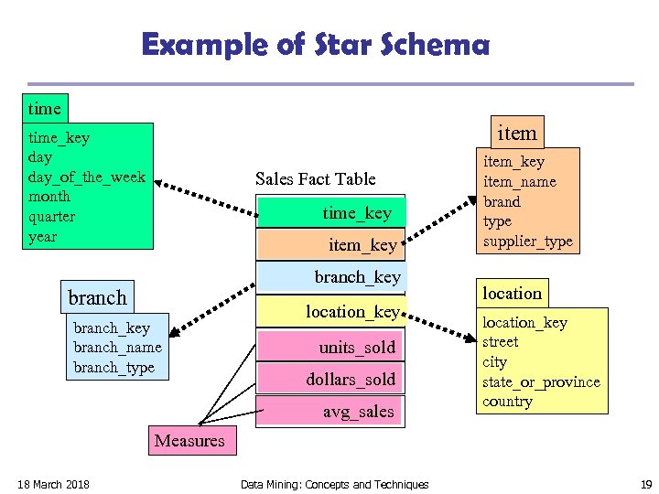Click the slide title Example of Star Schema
(x=316, y=44)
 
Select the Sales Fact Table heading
(x=315, y=178)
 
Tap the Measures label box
(x=189, y=441)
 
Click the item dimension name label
(x=516, y=133)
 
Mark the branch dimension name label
(x=97, y=297)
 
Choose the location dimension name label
(x=512, y=294)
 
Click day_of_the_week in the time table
(x=87, y=177)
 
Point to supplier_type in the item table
(x=527, y=242)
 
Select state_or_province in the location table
(x=541, y=381)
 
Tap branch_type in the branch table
(x=113, y=368)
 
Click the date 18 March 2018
(x=53, y=484)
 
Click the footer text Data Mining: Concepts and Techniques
(x=334, y=484)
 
